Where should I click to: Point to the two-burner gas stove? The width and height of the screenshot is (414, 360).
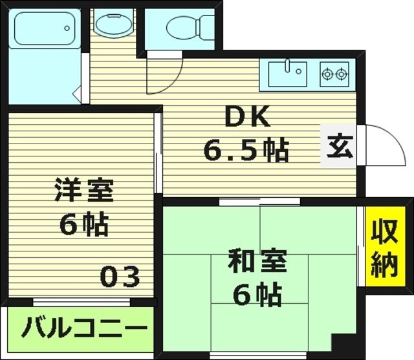[x=334, y=74]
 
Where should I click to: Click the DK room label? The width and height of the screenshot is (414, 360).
[x=245, y=117]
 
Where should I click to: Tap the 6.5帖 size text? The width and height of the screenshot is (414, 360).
[x=246, y=151]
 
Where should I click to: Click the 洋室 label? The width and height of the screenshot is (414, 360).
[x=83, y=191]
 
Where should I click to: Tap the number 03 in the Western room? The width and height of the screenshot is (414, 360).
[x=120, y=277]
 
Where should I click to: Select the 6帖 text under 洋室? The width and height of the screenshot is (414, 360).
[x=84, y=225]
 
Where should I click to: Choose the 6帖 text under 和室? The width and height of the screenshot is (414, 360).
[x=257, y=295]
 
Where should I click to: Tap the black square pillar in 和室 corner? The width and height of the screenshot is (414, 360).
[x=343, y=346]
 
